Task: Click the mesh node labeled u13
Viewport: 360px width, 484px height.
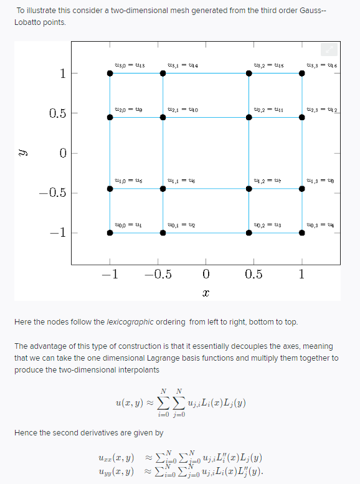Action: (110, 73)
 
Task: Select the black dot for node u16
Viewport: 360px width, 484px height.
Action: (302, 73)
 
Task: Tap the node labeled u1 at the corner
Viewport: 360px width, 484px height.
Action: (110, 233)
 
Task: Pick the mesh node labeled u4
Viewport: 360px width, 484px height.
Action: (302, 233)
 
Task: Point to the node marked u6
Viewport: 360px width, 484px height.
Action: (163, 188)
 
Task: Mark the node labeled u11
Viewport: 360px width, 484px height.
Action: (249, 117)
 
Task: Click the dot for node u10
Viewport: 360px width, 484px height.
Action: (163, 117)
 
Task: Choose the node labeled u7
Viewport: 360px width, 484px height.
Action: (249, 188)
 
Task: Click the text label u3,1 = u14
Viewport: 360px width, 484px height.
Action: (183, 65)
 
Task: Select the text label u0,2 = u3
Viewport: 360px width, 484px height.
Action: (268, 225)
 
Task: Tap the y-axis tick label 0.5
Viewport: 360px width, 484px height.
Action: (58, 113)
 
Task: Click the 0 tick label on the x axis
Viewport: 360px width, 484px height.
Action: (206, 275)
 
